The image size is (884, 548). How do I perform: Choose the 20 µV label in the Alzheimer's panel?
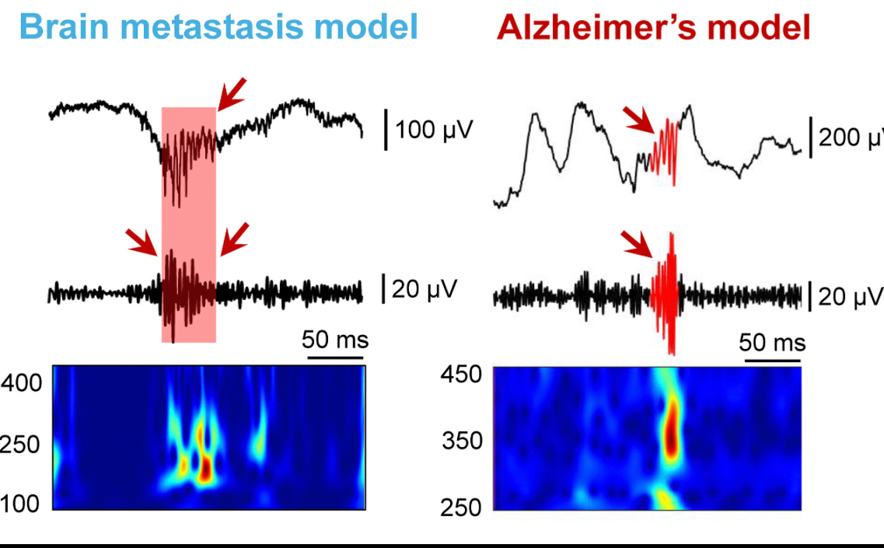851,296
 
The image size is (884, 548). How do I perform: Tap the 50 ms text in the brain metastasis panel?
335,340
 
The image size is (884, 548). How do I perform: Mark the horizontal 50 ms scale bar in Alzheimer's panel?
772,361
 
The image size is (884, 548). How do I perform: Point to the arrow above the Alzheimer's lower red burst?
640,244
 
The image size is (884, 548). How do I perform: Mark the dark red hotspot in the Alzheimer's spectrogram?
670,432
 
